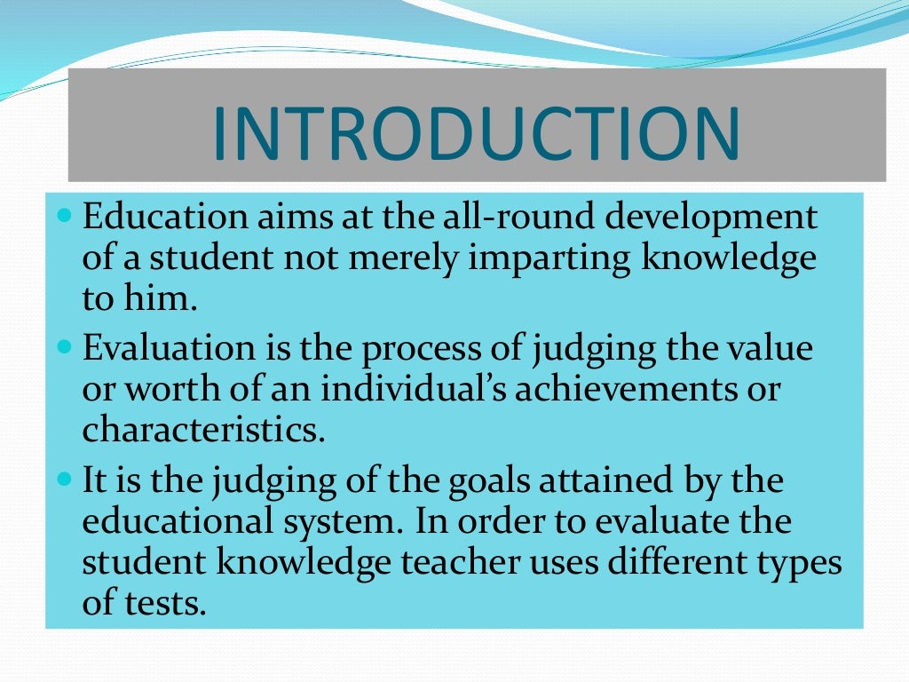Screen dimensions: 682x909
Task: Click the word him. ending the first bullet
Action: pos(164,299)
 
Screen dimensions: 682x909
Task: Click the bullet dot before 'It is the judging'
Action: pos(63,479)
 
